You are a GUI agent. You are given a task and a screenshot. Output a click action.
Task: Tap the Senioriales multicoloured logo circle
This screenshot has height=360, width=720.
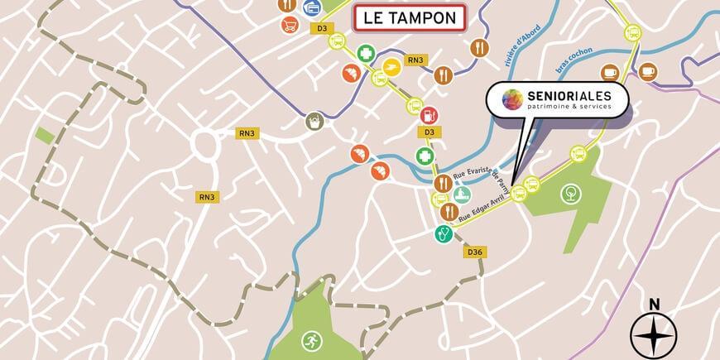pyautogui.click(x=513, y=100)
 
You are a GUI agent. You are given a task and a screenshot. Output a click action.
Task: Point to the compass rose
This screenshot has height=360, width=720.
pyautogui.click(x=654, y=336)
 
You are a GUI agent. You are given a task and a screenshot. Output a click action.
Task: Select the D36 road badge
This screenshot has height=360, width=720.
pyautogui.click(x=474, y=252)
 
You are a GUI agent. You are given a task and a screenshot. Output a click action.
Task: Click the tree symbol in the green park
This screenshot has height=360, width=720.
pyautogui.click(x=570, y=195)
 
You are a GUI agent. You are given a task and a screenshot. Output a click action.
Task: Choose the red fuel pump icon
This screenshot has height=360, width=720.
pyautogui.click(x=429, y=115)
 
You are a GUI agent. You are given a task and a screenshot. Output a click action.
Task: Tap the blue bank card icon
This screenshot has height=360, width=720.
pyautogui.click(x=312, y=7)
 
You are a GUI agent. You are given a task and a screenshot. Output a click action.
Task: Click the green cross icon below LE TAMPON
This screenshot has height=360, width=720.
pyautogui.click(x=365, y=55)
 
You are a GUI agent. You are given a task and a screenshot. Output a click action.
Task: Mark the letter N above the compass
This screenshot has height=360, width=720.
pyautogui.click(x=654, y=304)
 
